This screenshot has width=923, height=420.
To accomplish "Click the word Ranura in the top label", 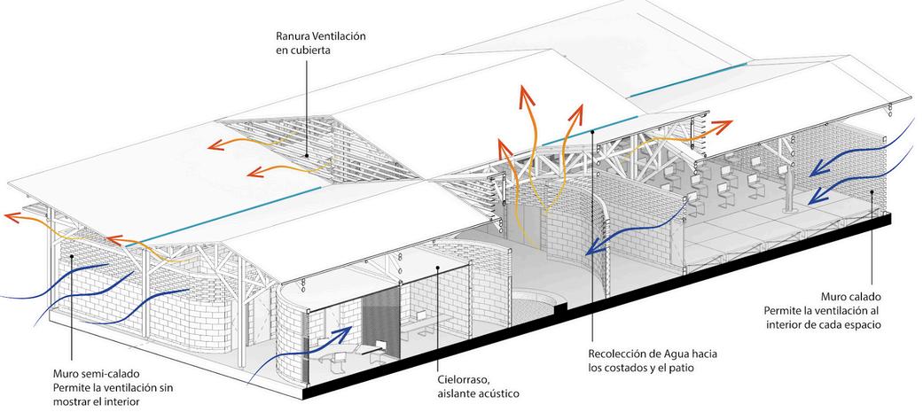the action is (x=296, y=35).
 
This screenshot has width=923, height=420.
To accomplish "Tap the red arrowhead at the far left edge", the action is (x=8, y=215).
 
